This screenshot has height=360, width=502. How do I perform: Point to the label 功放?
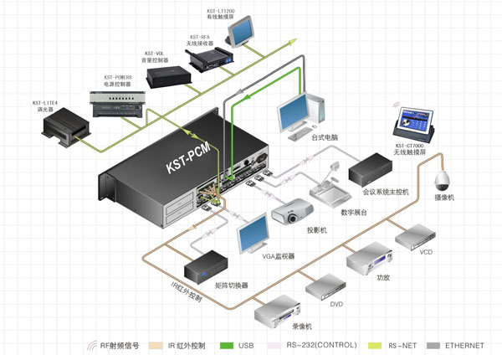click(383, 276)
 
